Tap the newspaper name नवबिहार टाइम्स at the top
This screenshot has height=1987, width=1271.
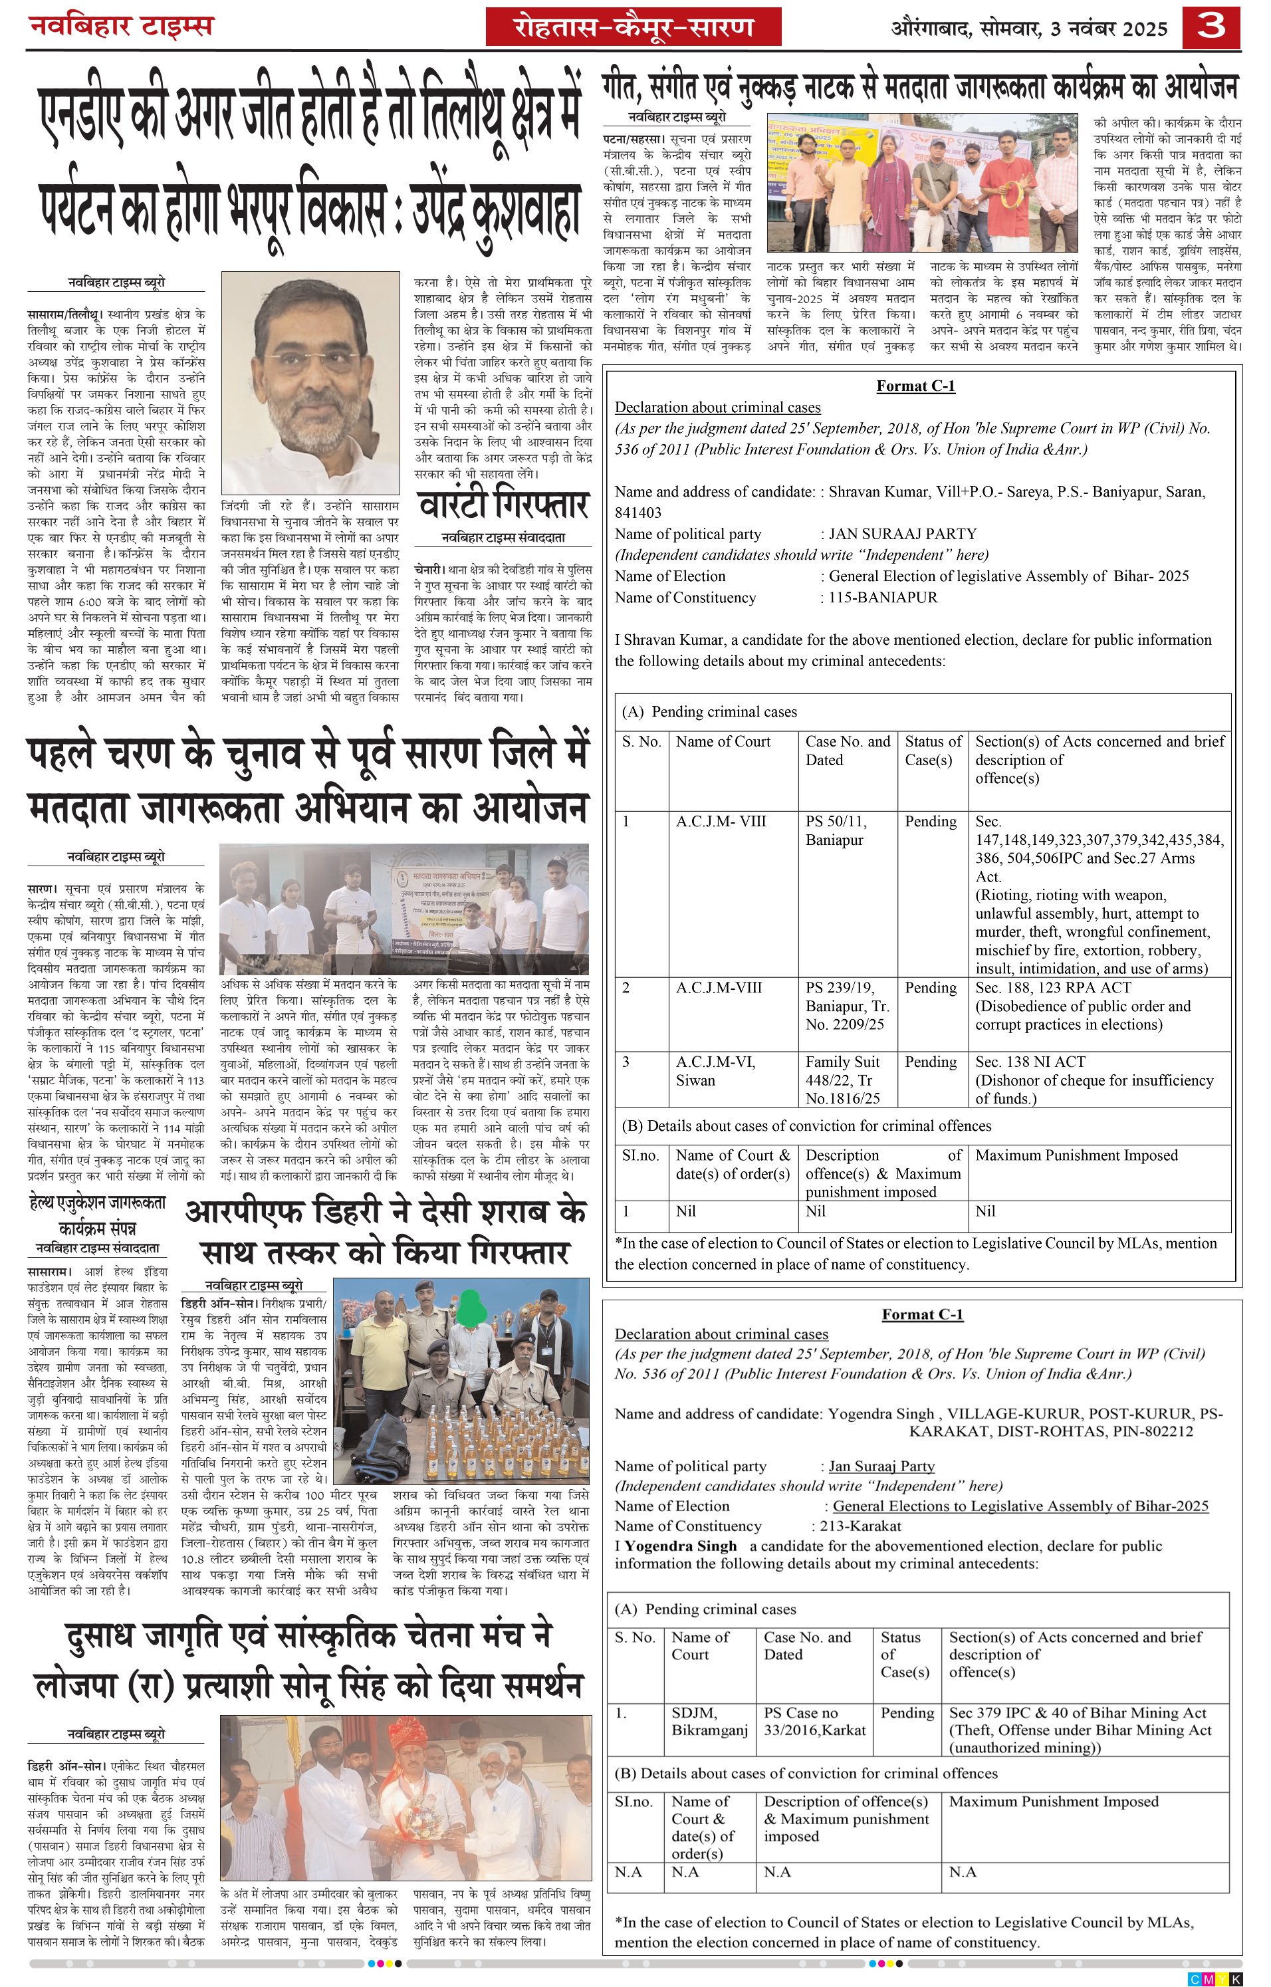coord(122,27)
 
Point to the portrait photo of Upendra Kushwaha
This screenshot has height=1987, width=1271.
coord(310,382)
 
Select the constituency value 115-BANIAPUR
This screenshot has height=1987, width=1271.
coord(883,598)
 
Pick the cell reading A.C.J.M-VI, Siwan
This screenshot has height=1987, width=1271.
coord(715,1071)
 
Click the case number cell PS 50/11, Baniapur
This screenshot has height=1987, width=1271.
coord(837,830)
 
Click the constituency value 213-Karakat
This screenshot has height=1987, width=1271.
coord(860,1526)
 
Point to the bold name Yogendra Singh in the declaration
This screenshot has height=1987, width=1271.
coord(680,1546)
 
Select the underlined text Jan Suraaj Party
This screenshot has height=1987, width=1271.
coord(881,1466)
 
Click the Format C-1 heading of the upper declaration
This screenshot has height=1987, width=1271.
coord(915,386)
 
